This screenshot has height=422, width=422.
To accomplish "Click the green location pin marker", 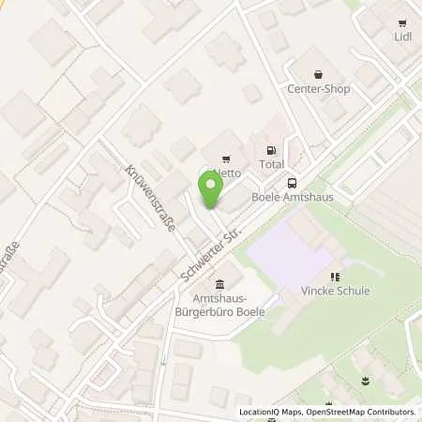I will tap(211, 190).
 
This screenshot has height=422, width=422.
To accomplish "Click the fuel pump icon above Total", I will tap(272, 149).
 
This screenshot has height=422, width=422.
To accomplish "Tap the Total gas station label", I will tap(272, 164).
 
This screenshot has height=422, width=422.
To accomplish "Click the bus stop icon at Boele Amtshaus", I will tap(293, 184).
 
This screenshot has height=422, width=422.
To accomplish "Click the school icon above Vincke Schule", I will tap(335, 277).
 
